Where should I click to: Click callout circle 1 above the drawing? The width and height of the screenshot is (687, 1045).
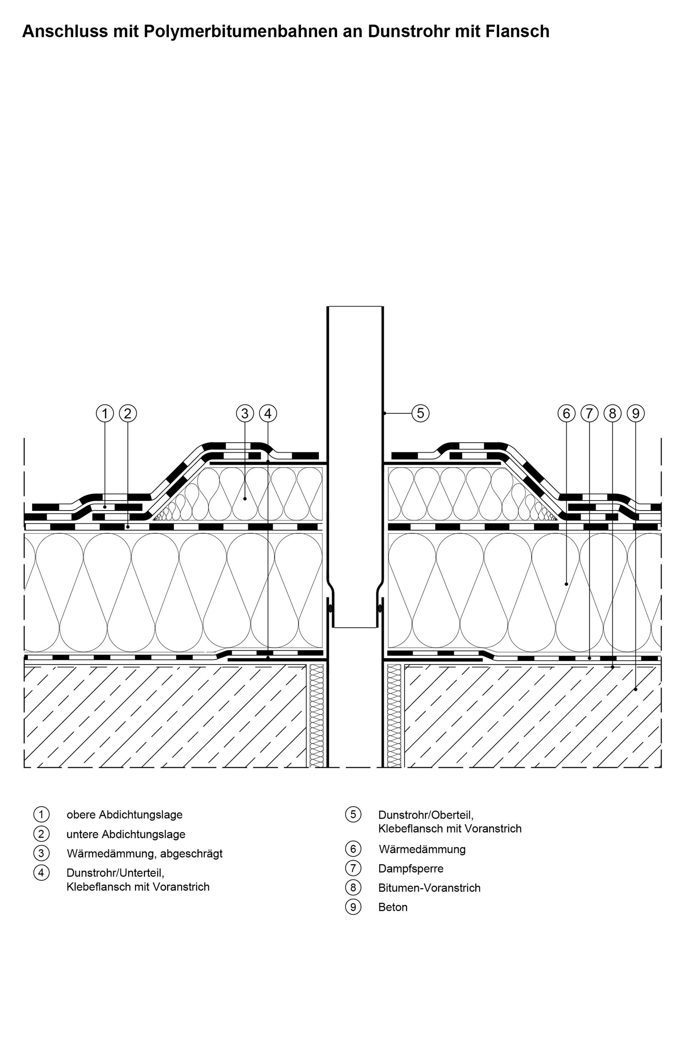click(104, 413)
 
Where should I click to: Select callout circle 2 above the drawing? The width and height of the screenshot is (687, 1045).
click(128, 413)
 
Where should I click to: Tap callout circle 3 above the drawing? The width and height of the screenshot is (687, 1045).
click(245, 413)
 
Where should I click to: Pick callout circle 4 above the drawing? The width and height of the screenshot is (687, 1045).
click(268, 413)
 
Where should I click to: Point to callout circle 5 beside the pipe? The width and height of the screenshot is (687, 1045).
click(420, 413)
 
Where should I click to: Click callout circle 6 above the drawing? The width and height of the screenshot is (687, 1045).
click(566, 413)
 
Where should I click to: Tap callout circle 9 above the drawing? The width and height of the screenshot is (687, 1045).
click(635, 413)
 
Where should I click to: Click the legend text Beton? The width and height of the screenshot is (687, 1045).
click(393, 907)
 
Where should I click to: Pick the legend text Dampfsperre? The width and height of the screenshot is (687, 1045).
click(411, 869)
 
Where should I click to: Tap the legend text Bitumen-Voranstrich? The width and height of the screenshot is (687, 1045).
click(429, 888)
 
